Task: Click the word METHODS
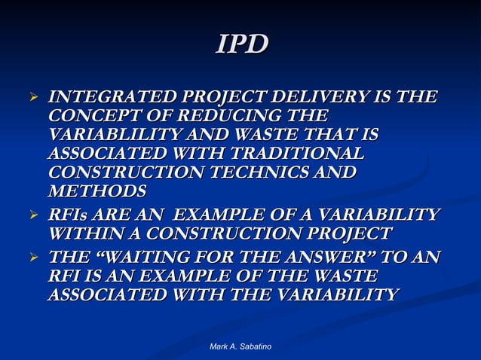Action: pos(97,191)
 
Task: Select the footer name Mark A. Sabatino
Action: pos(240,346)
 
